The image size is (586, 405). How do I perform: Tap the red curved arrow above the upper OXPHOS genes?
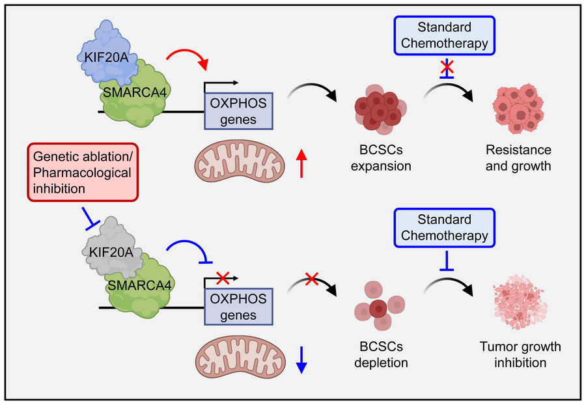click(x=188, y=59)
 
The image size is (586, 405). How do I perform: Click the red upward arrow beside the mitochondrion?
click(x=301, y=162)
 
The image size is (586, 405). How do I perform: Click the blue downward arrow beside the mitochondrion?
click(x=301, y=359)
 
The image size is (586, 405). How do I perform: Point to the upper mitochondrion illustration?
click(x=239, y=162)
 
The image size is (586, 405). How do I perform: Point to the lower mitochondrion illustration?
click(x=239, y=359)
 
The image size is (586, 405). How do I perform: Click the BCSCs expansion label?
click(x=381, y=158)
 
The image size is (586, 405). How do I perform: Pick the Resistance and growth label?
click(x=518, y=158)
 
